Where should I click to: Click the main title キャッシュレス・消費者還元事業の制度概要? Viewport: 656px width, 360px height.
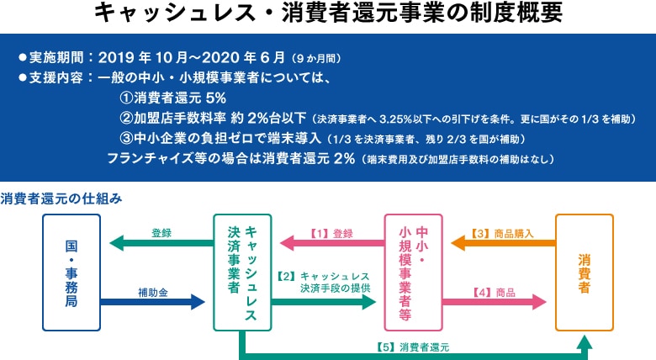tap(328, 13)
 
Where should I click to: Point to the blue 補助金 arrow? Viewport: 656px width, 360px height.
tap(153, 302)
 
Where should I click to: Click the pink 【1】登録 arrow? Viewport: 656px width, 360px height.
tap(331, 243)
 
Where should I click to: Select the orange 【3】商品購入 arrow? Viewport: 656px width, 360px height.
tap(503, 243)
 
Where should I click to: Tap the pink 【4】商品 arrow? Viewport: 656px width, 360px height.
tap(495, 302)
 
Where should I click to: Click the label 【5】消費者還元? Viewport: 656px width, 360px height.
tap(412, 347)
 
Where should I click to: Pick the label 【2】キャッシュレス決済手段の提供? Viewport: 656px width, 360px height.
tap(323, 282)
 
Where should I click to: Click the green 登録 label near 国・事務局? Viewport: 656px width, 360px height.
tap(161, 233)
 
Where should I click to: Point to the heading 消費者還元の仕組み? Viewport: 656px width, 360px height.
tap(61, 199)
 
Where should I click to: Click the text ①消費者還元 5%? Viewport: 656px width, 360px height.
tap(172, 98)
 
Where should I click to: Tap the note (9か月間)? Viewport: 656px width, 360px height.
tap(316, 58)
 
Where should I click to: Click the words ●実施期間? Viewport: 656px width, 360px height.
tap(51, 57)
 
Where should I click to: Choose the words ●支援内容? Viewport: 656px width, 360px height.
tap(51, 77)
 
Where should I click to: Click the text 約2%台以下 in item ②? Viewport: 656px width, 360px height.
tap(268, 118)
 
